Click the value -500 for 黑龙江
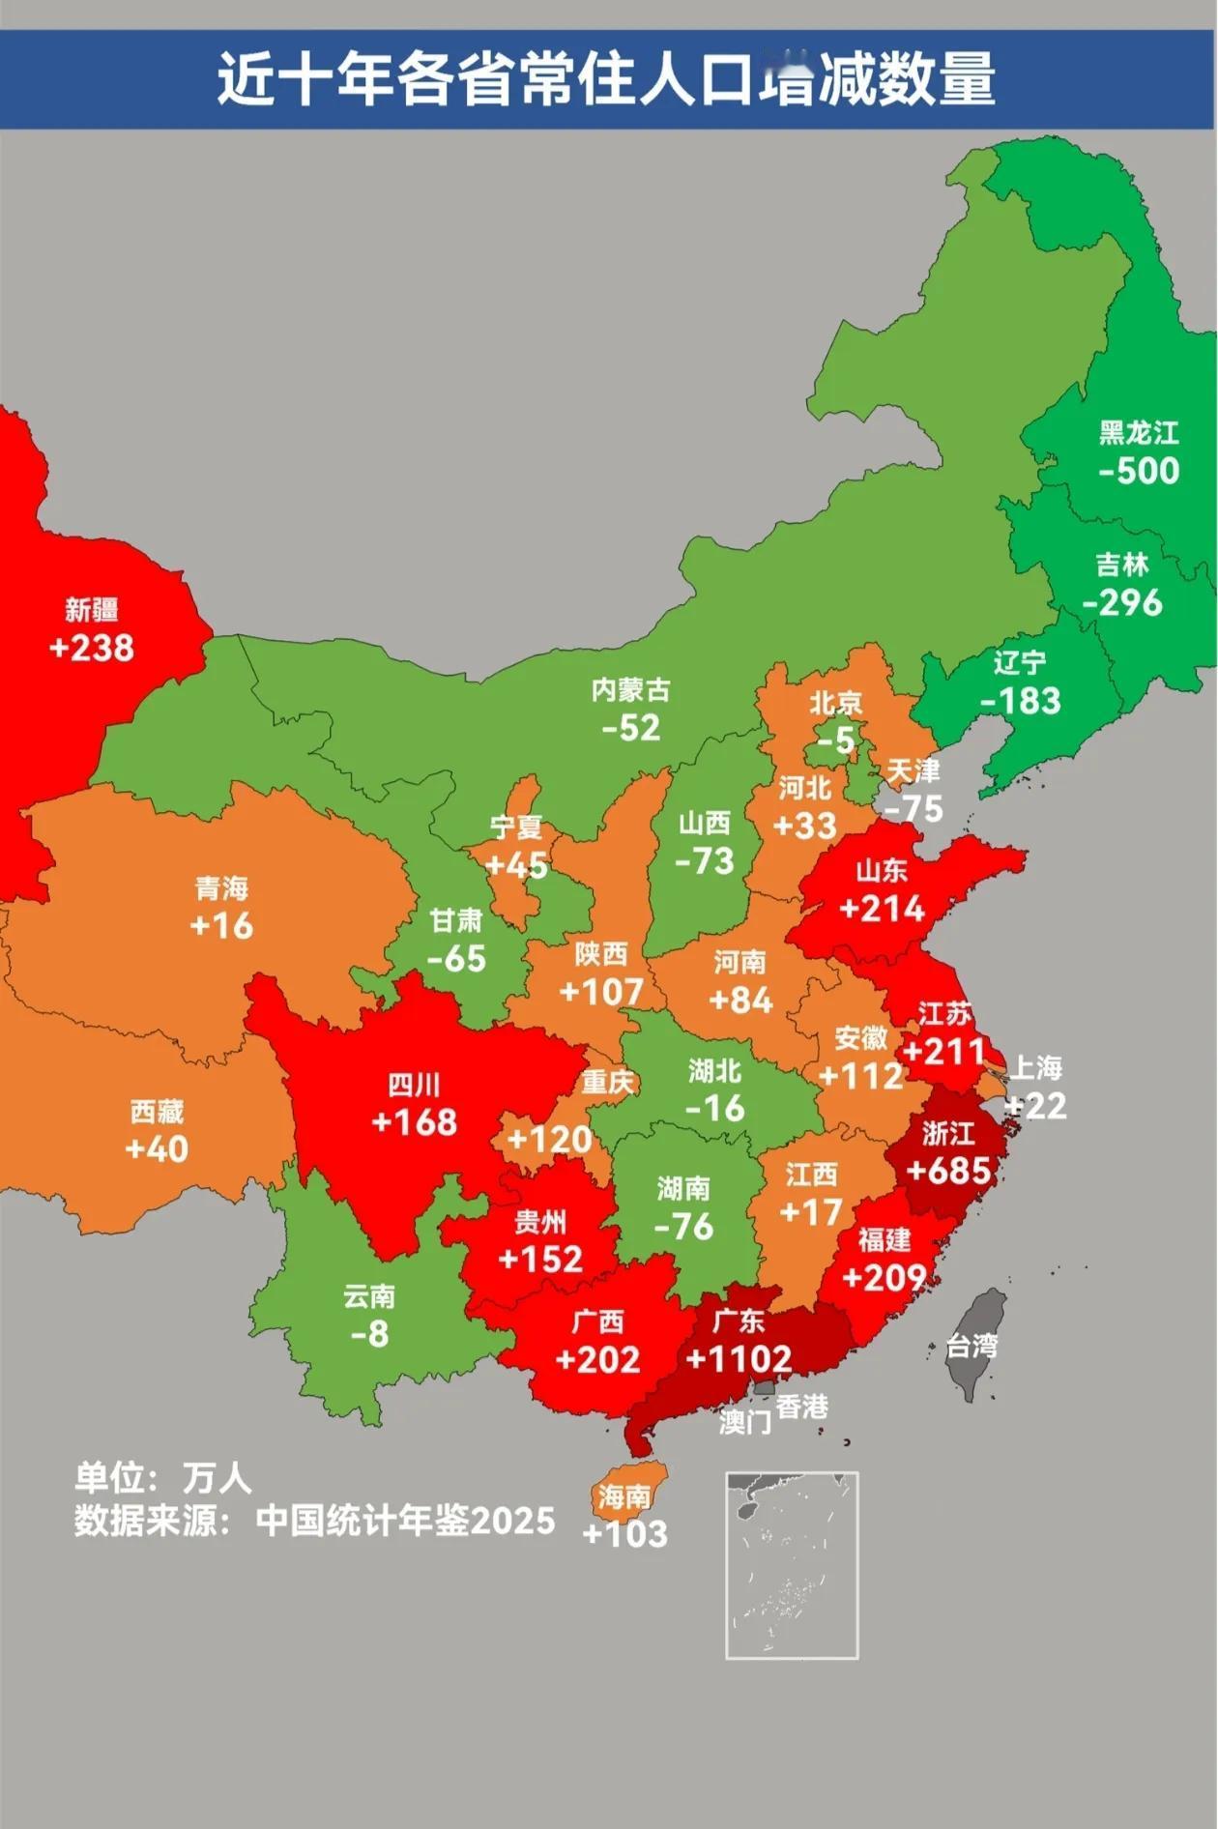(x=1139, y=471)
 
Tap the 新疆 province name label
(x=92, y=609)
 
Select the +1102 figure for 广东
(x=739, y=1358)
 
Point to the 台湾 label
(x=971, y=1346)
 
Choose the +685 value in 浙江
(x=948, y=1171)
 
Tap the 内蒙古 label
(x=630, y=690)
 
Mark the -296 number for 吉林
(x=1121, y=603)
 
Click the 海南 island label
(x=623, y=1497)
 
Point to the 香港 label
(x=801, y=1407)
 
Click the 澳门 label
(x=744, y=1422)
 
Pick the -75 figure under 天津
(x=913, y=808)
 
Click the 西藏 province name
(x=157, y=1112)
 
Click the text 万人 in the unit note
(x=217, y=1477)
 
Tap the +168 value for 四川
(x=414, y=1121)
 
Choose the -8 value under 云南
(x=369, y=1334)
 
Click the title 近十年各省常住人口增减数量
(x=605, y=78)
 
